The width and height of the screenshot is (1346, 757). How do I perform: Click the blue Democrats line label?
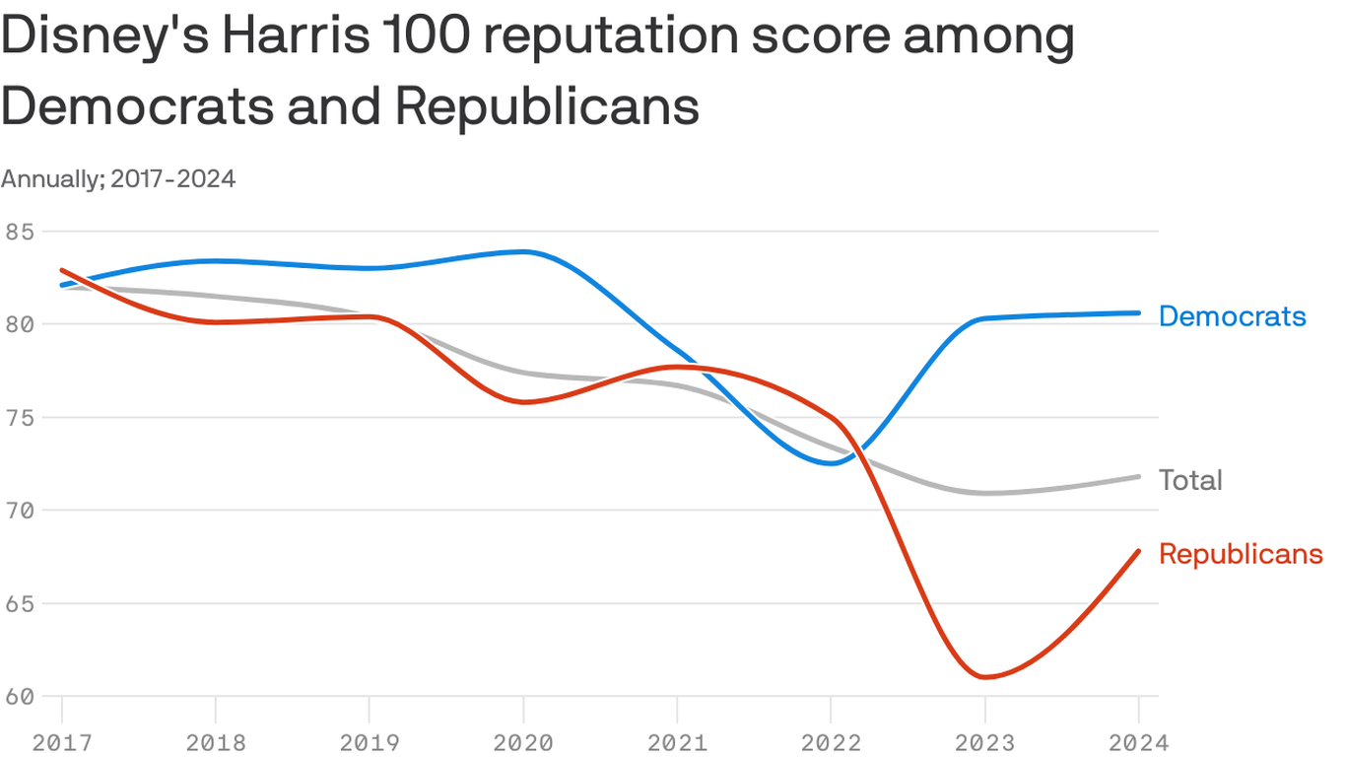(x=1232, y=316)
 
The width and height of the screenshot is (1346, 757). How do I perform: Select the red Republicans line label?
(x=1241, y=554)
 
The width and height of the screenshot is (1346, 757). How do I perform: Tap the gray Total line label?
(x=1190, y=480)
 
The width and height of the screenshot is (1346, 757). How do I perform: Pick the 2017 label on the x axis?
(x=61, y=741)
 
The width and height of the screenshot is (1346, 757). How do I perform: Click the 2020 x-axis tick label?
(x=522, y=741)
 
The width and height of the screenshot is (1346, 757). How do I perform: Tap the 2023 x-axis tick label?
(x=984, y=741)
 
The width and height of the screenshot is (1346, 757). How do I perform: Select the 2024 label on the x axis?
(x=1138, y=741)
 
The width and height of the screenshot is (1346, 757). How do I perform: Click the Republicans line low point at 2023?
(x=984, y=677)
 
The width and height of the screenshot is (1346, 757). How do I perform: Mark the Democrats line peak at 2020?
(x=523, y=251)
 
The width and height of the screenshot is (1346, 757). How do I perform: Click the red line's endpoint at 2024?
(x=1139, y=551)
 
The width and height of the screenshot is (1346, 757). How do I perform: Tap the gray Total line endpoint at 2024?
(x=1139, y=476)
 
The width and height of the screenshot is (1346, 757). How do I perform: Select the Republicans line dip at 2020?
(x=523, y=402)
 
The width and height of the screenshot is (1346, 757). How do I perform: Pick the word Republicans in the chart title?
(x=548, y=106)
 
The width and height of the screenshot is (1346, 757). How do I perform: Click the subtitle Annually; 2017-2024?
(x=118, y=179)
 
